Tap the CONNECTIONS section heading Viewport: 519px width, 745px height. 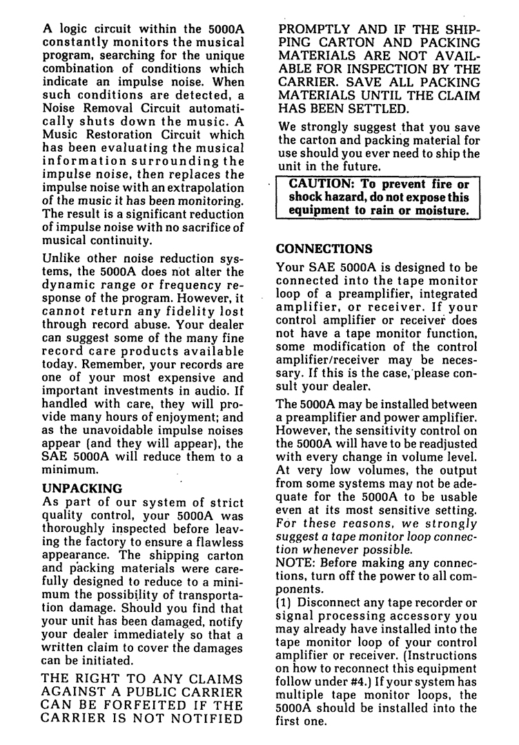coord(324,248)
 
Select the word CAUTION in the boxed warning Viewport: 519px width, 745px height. coord(319,184)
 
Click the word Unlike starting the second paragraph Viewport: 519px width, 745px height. coord(63,258)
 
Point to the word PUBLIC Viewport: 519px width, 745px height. coord(155,691)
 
